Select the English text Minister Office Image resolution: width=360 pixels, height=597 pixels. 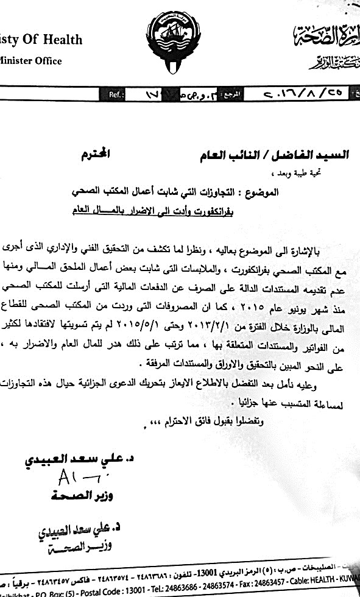pyautogui.click(x=31, y=61)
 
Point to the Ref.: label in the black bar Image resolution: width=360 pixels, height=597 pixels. pyautogui.click(x=116, y=96)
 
